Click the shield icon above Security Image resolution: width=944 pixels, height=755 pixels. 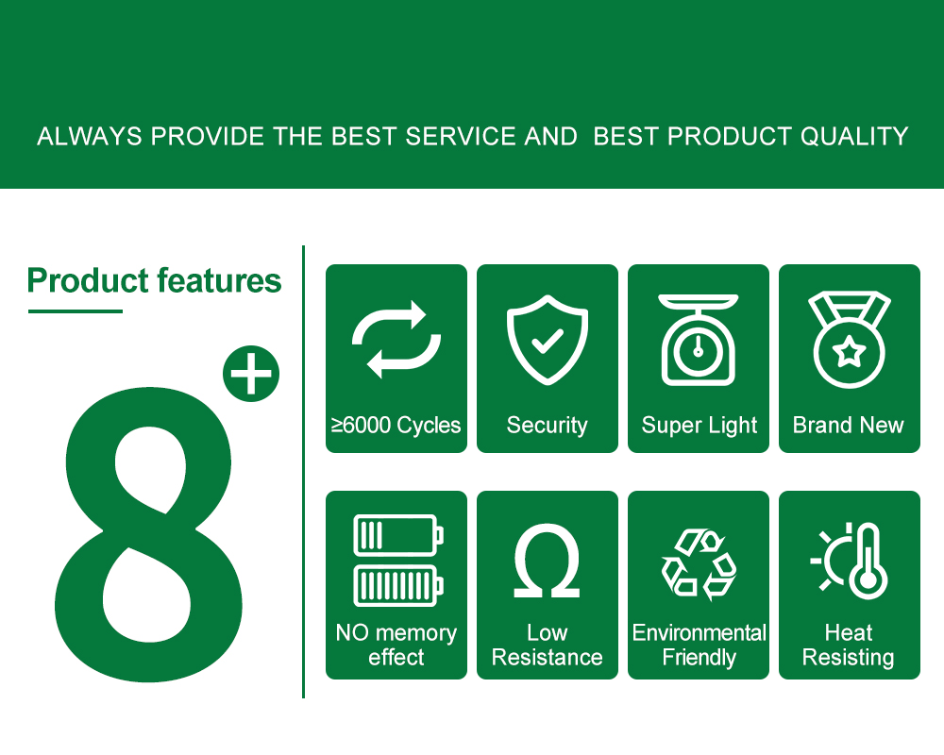point(548,340)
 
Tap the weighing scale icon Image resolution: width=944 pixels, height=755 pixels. point(699,340)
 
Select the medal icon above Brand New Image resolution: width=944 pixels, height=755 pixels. point(849,340)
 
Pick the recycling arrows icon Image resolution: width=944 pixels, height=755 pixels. point(699,564)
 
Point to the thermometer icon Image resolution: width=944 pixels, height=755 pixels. point(868,562)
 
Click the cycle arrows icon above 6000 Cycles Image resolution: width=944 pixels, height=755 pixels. point(396,340)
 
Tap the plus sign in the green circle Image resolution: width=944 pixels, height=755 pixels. point(251,374)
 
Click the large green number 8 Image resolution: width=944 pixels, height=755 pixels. point(148,534)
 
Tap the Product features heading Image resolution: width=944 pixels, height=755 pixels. point(154,280)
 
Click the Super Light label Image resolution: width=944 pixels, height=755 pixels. point(699,426)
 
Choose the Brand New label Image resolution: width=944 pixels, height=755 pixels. point(849,425)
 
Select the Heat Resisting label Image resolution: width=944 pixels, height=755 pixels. point(849,646)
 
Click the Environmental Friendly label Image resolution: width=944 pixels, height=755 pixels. point(699,646)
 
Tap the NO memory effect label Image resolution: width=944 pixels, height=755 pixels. point(396,646)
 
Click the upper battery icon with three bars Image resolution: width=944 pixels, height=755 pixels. point(398,535)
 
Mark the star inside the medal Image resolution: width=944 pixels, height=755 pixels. point(849,351)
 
